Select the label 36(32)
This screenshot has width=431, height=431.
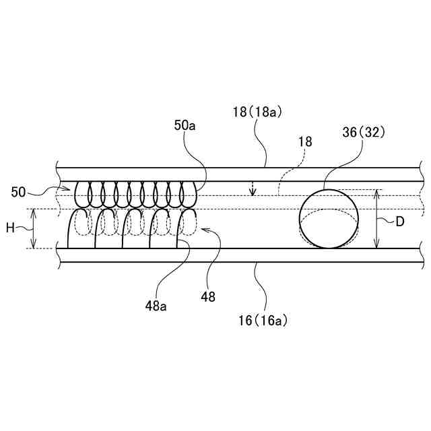point(363,132)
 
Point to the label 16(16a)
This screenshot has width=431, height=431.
point(263,321)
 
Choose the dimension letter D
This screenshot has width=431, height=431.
point(399,221)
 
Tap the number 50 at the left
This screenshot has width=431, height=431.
point(18,192)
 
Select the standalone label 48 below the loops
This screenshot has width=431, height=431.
point(208,296)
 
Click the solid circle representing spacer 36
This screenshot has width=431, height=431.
point(329,219)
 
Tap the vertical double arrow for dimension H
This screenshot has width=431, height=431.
point(32,228)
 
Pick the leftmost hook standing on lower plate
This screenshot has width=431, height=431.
point(75,229)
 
